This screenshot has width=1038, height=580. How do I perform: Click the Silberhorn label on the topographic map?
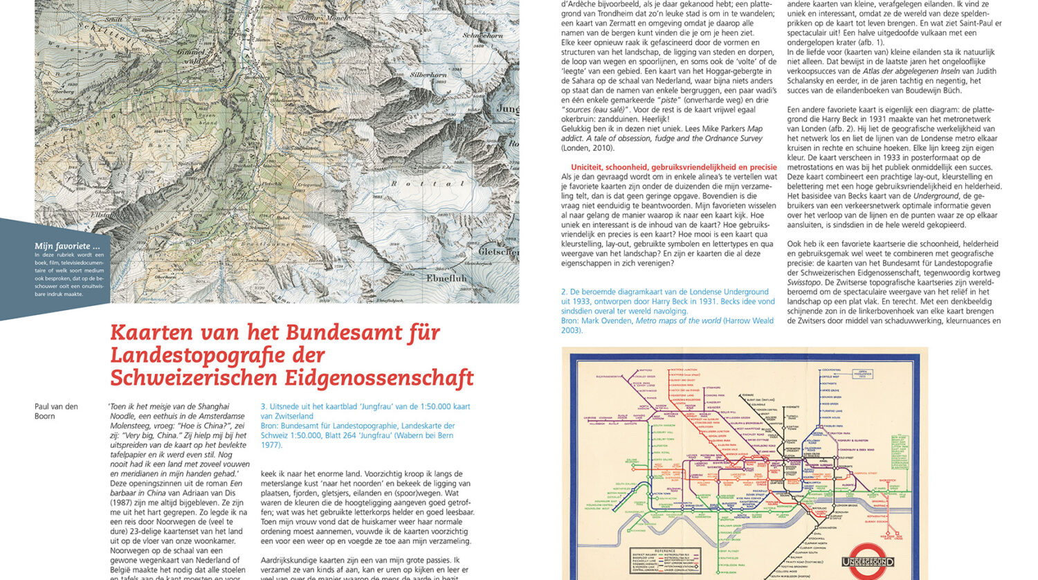point(430,74)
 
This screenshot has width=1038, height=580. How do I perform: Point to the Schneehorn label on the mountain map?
point(482,35)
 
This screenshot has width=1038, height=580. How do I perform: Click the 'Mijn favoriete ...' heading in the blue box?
point(62,246)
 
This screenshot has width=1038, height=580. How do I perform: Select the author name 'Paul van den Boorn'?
point(56,411)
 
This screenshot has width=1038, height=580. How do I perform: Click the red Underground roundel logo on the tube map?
point(868,561)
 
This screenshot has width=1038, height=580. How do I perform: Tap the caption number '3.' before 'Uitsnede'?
point(264,407)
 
